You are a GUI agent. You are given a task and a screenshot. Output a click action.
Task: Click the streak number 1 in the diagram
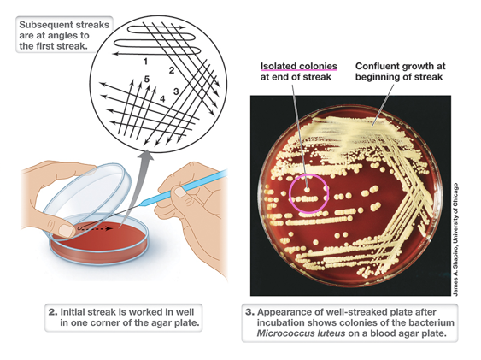[x=145, y=62]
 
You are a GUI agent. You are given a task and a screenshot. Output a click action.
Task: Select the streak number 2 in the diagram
[x=172, y=70]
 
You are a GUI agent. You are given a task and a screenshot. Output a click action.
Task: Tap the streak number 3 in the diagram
[x=176, y=91]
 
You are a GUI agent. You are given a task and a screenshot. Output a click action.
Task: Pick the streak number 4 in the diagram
[x=162, y=99]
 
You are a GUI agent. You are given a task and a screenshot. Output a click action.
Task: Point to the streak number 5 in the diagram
[x=147, y=80]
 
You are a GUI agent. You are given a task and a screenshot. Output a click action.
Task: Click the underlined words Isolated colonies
[x=298, y=67]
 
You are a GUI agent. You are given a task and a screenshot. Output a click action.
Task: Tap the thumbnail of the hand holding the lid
[x=67, y=230]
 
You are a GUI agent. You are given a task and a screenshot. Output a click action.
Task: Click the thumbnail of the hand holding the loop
[x=179, y=192]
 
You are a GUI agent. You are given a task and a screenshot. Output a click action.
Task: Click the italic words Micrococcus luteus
[x=301, y=333]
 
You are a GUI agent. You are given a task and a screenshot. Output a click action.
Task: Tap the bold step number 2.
[x=53, y=312]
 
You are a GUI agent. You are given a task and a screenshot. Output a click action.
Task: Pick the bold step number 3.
[x=249, y=312]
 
